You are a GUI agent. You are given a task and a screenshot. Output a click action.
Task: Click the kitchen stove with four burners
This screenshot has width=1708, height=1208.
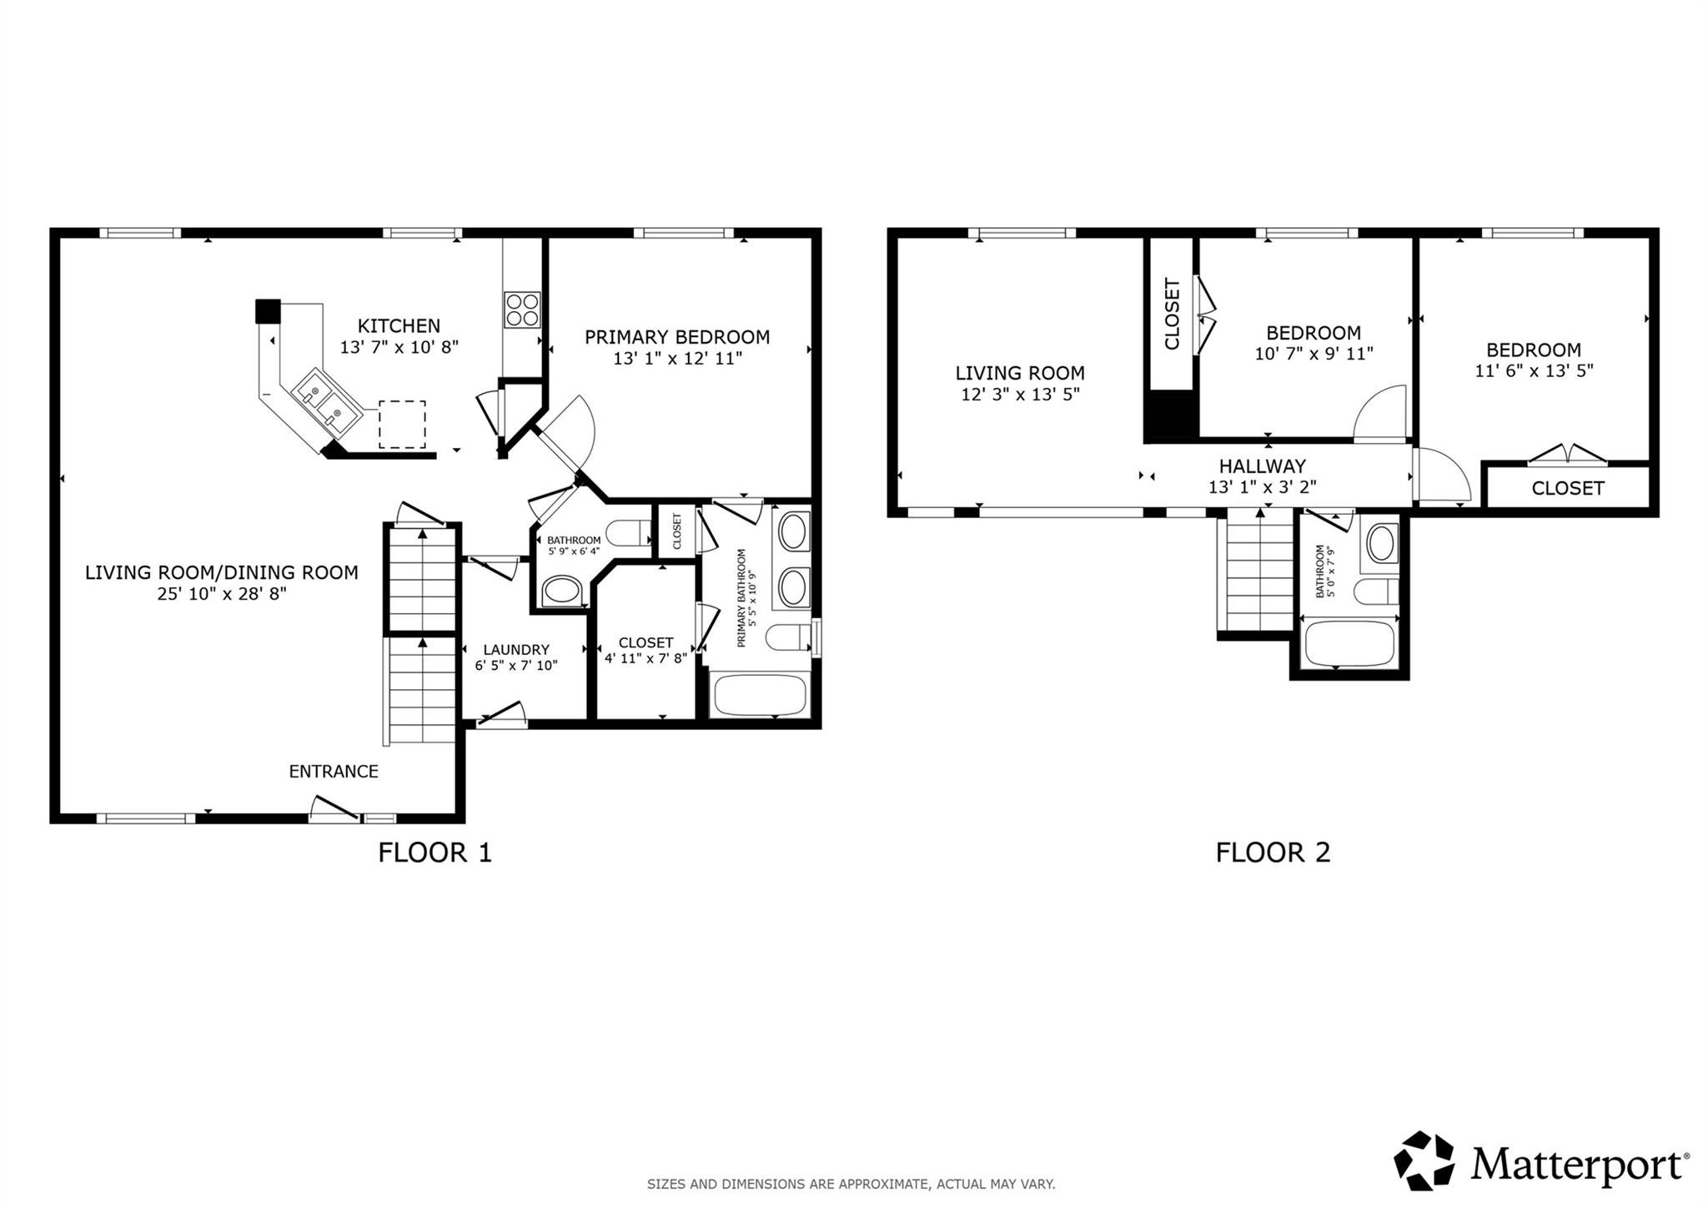pyautogui.click(x=522, y=310)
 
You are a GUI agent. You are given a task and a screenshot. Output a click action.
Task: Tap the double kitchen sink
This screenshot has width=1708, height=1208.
pyautogui.click(x=325, y=401)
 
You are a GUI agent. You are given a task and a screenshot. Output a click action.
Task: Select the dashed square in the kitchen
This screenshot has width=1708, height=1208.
pyautogui.click(x=402, y=424)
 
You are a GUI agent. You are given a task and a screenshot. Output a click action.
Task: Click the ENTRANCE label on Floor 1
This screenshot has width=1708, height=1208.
pyautogui.click(x=334, y=772)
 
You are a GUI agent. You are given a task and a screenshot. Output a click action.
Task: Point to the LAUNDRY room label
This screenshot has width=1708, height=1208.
pyautogui.click(x=516, y=650)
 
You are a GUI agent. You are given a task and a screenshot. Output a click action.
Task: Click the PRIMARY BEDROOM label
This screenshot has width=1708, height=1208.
pyautogui.click(x=676, y=337)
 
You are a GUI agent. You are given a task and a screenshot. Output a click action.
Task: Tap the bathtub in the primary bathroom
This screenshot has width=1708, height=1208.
pyautogui.click(x=758, y=695)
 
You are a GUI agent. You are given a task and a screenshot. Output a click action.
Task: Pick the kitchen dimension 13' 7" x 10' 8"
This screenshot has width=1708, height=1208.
pyautogui.click(x=399, y=347)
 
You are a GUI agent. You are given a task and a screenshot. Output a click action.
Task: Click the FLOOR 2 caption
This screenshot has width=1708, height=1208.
pyautogui.click(x=1272, y=853)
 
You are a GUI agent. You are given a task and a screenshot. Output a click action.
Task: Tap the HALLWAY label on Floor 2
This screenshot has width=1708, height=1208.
pyautogui.click(x=1262, y=466)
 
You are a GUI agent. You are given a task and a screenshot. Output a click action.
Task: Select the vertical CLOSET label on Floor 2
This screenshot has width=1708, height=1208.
pyautogui.click(x=1172, y=315)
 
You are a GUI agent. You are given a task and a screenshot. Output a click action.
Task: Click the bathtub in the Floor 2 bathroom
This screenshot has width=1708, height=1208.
pyautogui.click(x=1349, y=643)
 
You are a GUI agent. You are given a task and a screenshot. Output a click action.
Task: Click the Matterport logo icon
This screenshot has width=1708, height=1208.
pyautogui.click(x=1424, y=1160)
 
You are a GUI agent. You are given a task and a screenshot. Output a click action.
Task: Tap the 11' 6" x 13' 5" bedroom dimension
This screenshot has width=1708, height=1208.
pyautogui.click(x=1533, y=370)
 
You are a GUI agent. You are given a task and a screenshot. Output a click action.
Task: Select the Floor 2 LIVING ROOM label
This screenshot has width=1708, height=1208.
pyautogui.click(x=1019, y=373)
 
